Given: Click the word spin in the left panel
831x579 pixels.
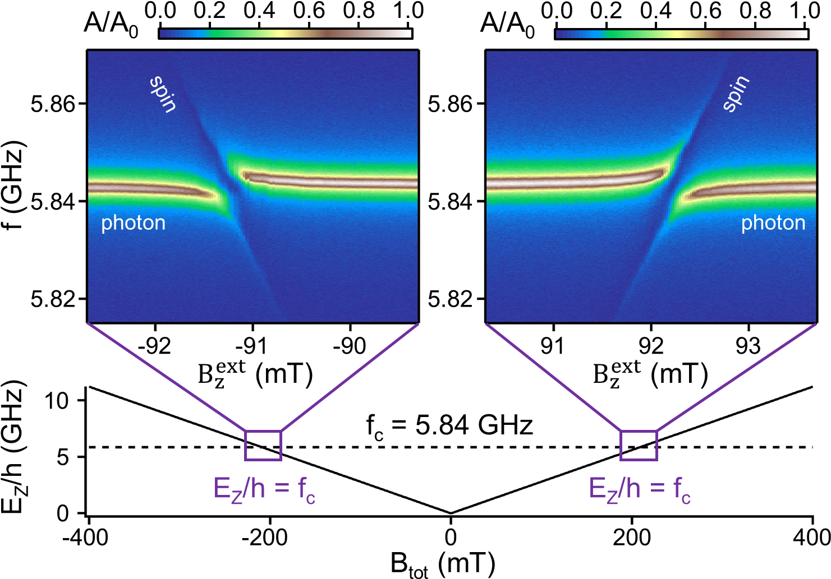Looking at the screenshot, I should [163, 94].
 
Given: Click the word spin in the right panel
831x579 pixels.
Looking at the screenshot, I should [736, 93].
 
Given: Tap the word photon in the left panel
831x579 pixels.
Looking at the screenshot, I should [133, 223].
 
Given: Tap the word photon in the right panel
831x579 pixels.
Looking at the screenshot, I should [773, 223].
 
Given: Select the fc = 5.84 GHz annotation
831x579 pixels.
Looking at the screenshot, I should [449, 426].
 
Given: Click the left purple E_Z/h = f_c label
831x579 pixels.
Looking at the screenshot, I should [264, 489].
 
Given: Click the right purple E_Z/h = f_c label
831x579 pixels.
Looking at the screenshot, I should [639, 489].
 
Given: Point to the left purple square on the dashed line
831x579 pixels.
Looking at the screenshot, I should [263, 446].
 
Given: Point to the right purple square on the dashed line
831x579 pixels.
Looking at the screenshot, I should [639, 446].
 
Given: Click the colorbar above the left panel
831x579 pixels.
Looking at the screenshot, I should [285, 34].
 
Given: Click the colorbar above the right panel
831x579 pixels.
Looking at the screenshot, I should [681, 34].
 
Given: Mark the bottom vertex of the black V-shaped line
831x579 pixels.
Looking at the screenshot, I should [451, 513].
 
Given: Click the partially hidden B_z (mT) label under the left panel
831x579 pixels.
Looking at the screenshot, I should [255, 379].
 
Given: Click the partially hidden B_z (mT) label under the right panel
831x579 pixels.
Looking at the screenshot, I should [651, 379].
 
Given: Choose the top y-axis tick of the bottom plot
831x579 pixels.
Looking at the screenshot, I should [81, 400].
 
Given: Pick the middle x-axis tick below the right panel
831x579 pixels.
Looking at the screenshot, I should [651, 327].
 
